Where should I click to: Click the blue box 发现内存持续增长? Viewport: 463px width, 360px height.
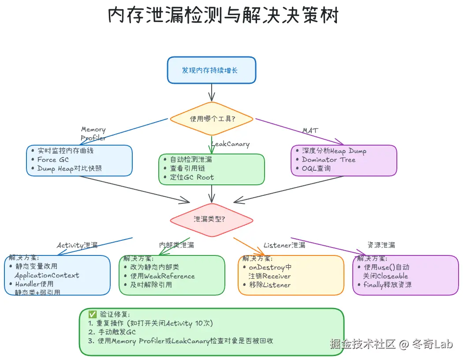tap(211, 70)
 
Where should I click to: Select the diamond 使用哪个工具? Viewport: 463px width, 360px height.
tap(212, 119)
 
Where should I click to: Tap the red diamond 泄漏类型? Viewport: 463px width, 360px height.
tap(212, 219)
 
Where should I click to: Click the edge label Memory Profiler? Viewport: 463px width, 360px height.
tap(93, 133)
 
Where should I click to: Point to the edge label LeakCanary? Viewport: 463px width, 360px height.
tap(231, 144)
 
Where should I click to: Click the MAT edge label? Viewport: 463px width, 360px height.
tap(310, 131)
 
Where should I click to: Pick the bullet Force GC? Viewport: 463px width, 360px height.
tap(53, 160)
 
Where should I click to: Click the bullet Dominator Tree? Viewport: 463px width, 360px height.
tap(329, 160)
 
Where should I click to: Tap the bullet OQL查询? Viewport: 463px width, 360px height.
tap(316, 169)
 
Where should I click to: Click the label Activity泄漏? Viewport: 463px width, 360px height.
tap(77, 245)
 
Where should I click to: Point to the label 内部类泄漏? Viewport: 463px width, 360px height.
tap(176, 245)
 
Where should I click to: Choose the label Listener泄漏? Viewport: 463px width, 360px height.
tap(284, 245)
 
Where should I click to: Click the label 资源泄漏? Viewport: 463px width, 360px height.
tap(381, 245)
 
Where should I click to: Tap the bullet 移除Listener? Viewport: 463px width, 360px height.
tap(269, 285)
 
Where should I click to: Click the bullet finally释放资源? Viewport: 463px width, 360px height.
tap(388, 285)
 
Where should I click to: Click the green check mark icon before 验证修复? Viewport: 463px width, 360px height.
tap(92, 315)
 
